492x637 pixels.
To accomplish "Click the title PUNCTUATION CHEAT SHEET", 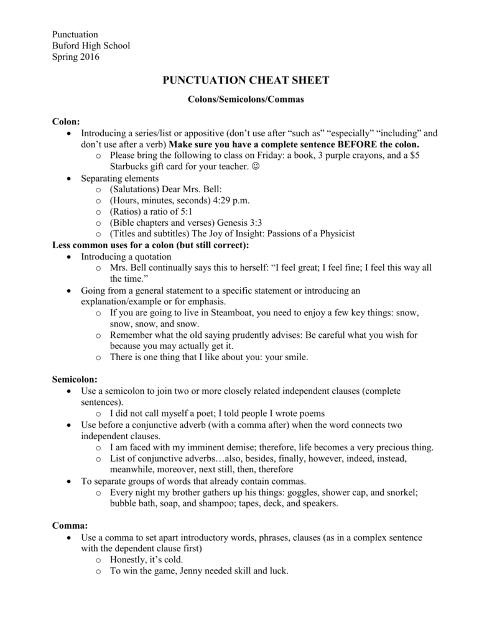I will click(x=246, y=80).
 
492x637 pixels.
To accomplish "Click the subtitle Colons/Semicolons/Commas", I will click(x=246, y=99).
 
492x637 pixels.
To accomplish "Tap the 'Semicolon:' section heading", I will click(x=74, y=379).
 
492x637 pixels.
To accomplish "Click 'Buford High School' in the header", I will click(x=91, y=46).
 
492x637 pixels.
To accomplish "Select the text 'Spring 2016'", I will click(x=75, y=57).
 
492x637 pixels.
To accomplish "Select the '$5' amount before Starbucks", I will click(x=412, y=156).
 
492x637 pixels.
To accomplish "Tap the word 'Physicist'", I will click(x=334, y=234).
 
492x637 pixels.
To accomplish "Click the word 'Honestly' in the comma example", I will click(x=129, y=559).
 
